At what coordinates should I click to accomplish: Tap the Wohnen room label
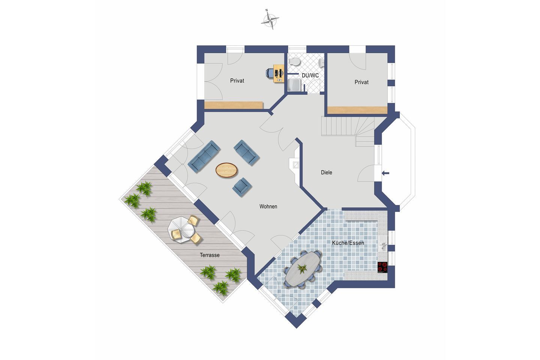click(268, 206)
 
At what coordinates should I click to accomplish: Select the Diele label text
click(326, 172)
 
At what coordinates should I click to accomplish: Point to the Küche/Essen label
click(348, 243)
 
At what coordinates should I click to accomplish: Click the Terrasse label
click(210, 255)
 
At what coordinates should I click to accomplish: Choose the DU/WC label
click(310, 75)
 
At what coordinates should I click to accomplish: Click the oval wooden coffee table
click(226, 170)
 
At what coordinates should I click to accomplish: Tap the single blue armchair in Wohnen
click(242, 187)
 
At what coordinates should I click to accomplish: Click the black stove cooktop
click(382, 267)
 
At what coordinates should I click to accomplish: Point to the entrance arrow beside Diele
click(385, 173)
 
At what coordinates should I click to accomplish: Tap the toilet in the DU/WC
click(294, 62)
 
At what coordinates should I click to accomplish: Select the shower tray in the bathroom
click(294, 85)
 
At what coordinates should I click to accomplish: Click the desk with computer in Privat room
click(278, 73)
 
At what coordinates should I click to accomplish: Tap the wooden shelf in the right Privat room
click(357, 110)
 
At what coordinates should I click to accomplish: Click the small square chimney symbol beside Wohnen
click(296, 165)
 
